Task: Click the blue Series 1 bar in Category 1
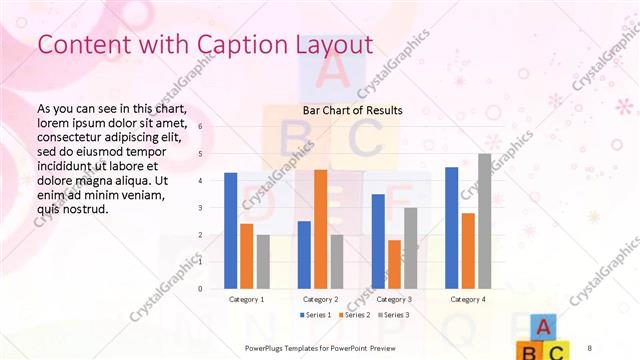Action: pyautogui.click(x=231, y=231)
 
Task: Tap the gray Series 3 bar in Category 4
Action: pyautogui.click(x=484, y=221)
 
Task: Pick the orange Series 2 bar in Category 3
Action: pyautogui.click(x=395, y=264)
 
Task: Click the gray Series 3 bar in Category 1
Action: pyautogui.click(x=263, y=262)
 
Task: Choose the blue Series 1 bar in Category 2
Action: pyautogui.click(x=305, y=255)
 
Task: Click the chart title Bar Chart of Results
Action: pyautogui.click(x=352, y=110)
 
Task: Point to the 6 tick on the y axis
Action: pyautogui.click(x=200, y=127)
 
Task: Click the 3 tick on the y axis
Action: pyautogui.click(x=200, y=208)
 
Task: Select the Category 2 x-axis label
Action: pyautogui.click(x=321, y=299)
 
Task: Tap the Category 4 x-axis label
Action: pyautogui.click(x=468, y=299)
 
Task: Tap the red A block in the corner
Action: pyautogui.click(x=541, y=327)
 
